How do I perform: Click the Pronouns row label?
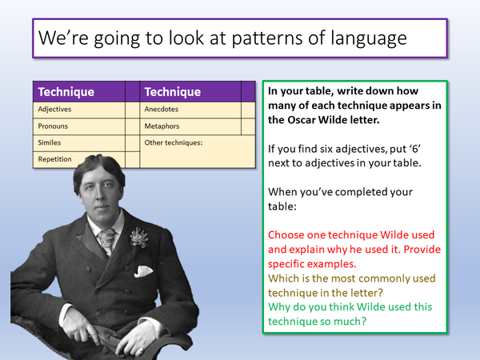coord(53,126)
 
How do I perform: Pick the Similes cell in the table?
coord(50,142)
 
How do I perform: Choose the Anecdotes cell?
coord(163,109)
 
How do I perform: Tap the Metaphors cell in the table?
coord(163,126)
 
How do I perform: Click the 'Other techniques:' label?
coord(174,142)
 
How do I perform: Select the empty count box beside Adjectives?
coord(131,109)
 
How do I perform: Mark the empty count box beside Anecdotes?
coord(247,109)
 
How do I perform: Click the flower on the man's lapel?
coord(140,237)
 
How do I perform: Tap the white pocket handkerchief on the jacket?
coord(144,271)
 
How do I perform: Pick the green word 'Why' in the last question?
coord(279,308)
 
